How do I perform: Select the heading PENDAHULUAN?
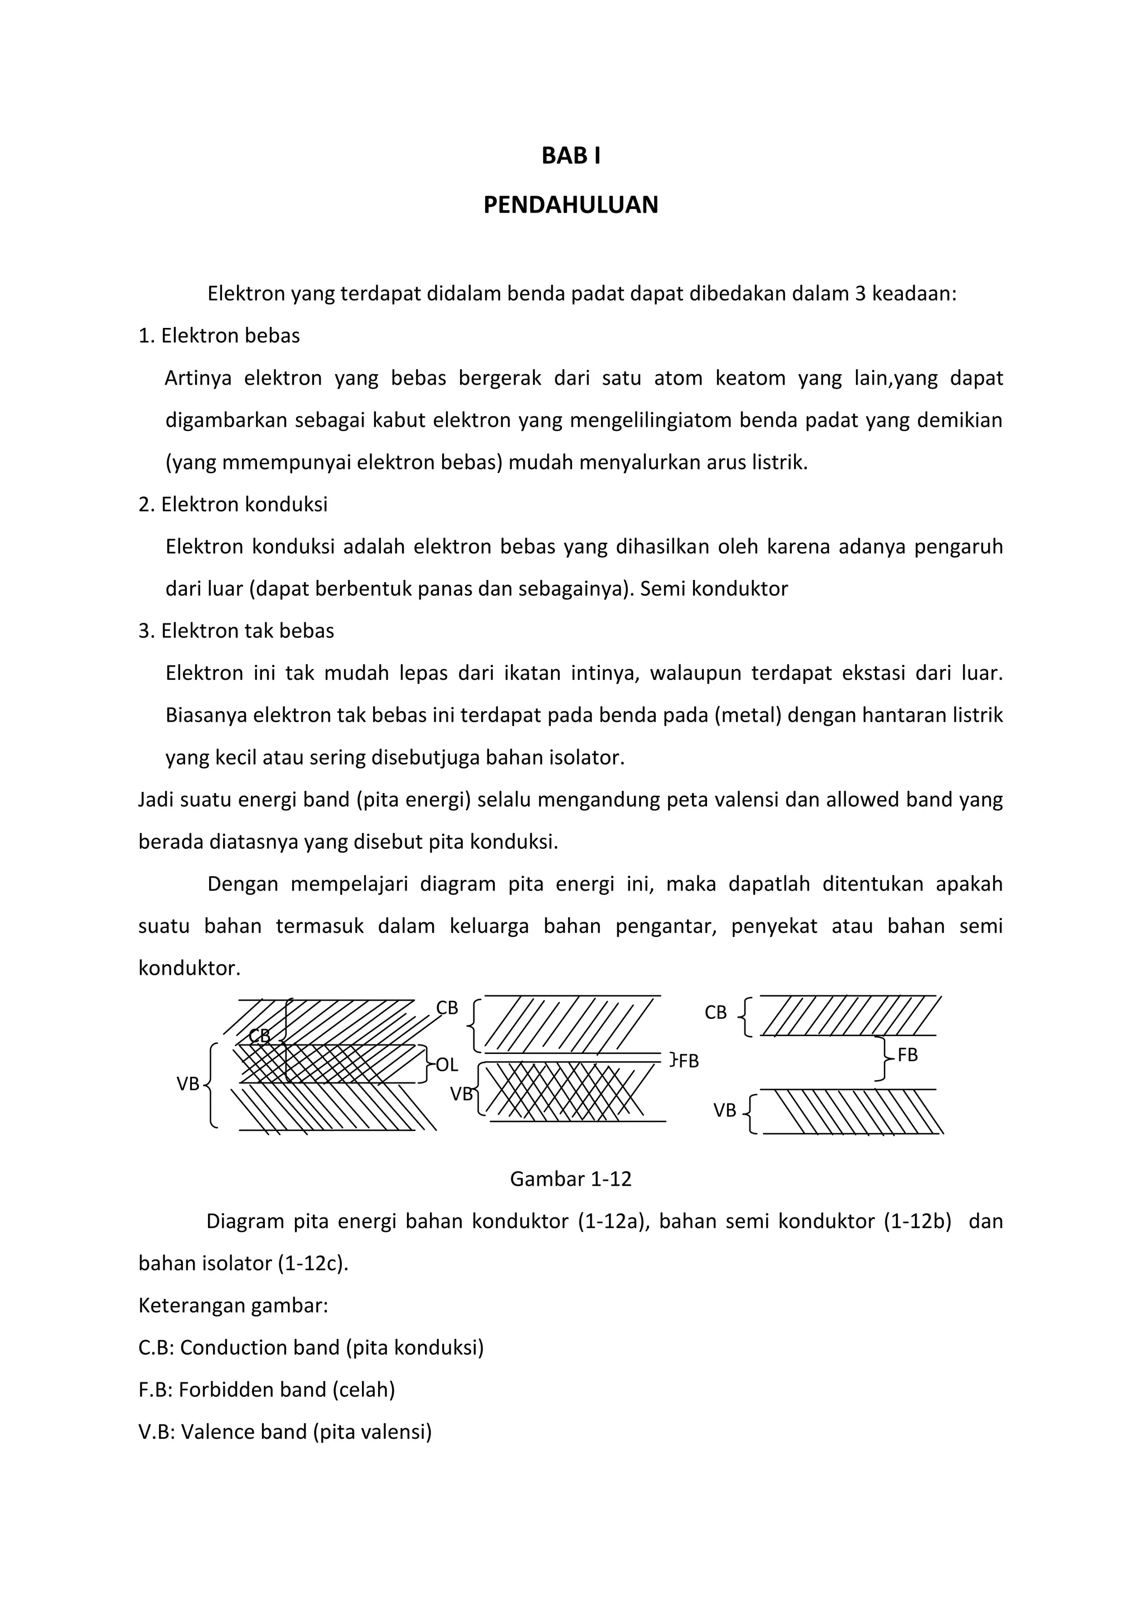tap(570, 205)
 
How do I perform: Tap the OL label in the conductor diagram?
tap(447, 1064)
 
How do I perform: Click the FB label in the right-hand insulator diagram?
tap(907, 1055)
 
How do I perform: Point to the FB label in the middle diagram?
tap(688, 1061)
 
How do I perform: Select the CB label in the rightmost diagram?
tap(715, 1012)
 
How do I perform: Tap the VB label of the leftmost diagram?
tap(188, 1084)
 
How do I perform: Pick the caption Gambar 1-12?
tap(570, 1179)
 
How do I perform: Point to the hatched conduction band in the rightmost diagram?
tap(851, 1016)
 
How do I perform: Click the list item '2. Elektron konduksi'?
tap(233, 504)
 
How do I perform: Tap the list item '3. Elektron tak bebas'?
tap(236, 631)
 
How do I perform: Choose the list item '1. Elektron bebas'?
tap(219, 336)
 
